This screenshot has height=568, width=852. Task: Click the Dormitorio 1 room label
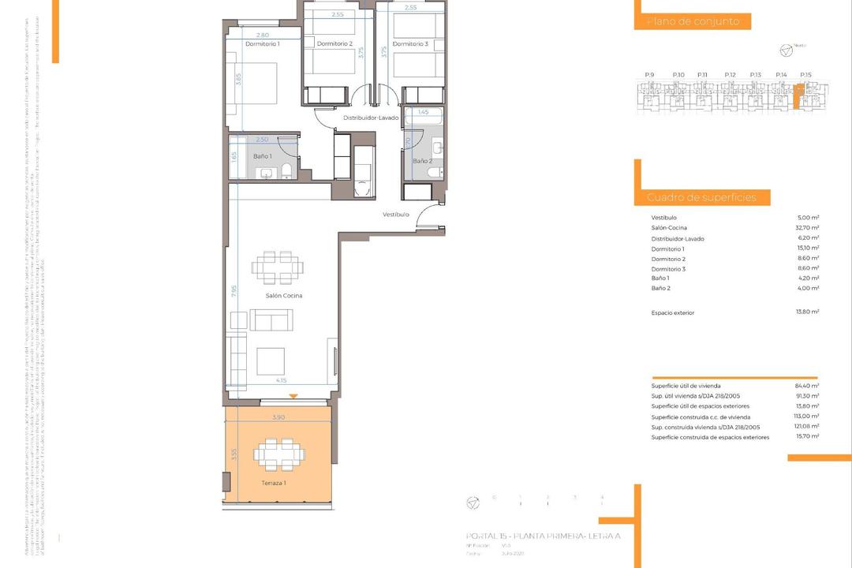263,44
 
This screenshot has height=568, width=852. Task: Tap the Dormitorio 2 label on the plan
334,44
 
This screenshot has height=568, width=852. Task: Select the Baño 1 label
262,156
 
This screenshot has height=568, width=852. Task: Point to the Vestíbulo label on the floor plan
396,215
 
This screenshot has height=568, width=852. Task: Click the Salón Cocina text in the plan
284,296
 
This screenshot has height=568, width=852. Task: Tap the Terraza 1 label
274,482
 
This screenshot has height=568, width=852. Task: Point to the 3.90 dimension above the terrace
278,417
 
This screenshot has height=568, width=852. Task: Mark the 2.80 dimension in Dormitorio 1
263,35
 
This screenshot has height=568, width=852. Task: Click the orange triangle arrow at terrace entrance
293,396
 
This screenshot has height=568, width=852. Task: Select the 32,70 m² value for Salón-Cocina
808,228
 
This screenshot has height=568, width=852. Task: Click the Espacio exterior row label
673,313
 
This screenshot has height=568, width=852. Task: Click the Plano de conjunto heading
693,22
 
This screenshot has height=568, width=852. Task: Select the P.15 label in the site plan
805,74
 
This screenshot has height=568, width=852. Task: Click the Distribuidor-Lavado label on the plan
371,118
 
